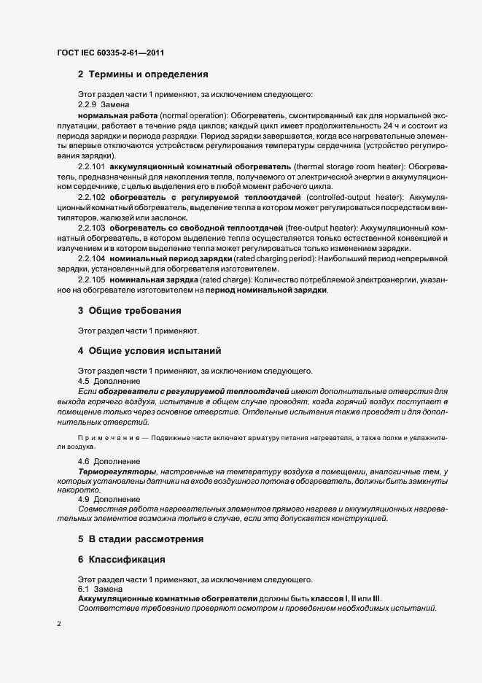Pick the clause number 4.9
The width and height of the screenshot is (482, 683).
pos(84,499)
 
